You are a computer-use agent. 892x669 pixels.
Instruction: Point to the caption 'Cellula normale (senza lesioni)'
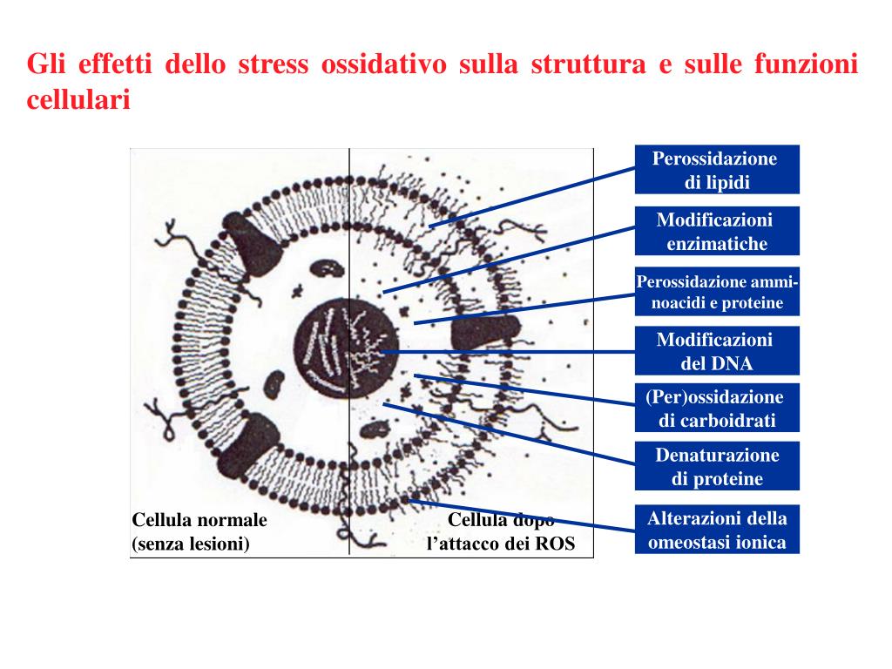point(199,531)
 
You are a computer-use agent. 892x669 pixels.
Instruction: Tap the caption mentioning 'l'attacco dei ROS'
point(501,533)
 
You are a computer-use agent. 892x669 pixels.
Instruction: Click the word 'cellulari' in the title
point(78,100)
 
